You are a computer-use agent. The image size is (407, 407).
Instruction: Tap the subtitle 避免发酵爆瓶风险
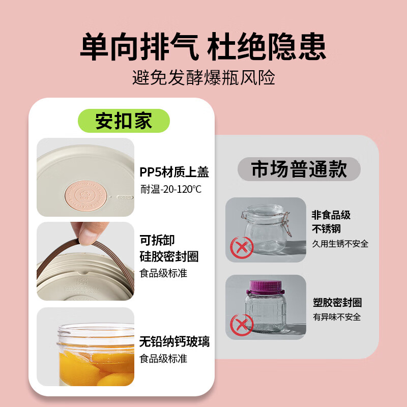pyautogui.click(x=203, y=78)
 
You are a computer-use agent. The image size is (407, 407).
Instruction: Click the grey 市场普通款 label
pyautogui.click(x=299, y=170)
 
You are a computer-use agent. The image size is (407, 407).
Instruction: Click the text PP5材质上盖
pyautogui.click(x=174, y=172)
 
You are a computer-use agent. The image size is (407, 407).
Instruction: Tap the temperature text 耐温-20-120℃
pyautogui.click(x=170, y=189)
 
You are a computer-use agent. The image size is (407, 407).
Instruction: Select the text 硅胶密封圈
pyautogui.click(x=169, y=256)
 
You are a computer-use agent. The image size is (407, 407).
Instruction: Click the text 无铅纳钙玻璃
pyautogui.click(x=174, y=341)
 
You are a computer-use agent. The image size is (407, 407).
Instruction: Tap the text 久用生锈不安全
pyautogui.click(x=340, y=244)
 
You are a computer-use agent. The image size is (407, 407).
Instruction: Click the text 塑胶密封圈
pyautogui.click(x=337, y=303)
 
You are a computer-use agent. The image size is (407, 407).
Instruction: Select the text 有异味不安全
pyautogui.click(x=337, y=317)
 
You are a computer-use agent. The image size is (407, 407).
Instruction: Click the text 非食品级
pyautogui.click(x=331, y=215)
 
